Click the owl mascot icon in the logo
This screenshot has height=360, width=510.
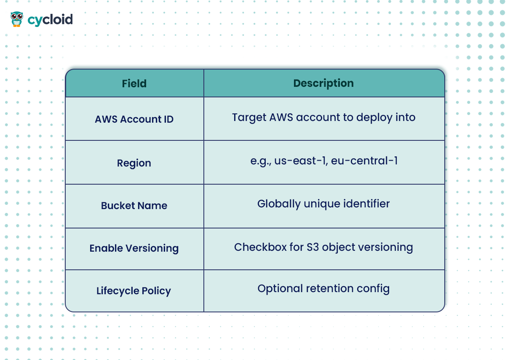coord(16,19)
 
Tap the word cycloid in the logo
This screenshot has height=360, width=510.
coord(50,20)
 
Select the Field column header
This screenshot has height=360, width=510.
coord(134,83)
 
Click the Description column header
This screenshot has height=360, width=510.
coord(323,83)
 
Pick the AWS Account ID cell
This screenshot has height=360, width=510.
coord(134,119)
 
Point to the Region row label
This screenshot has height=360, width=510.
coord(134,164)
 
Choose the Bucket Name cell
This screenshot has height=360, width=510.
coord(134,206)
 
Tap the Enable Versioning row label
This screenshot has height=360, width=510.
coord(134,248)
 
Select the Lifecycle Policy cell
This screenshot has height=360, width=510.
coord(134,291)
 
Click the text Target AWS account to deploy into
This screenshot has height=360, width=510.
coord(324,118)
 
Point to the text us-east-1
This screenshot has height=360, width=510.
coord(301,161)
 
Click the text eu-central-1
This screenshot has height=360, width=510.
coord(364,161)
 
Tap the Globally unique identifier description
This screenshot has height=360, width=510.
coord(323,204)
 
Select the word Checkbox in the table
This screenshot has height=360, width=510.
coord(260,247)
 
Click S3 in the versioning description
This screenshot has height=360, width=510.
coord(313,247)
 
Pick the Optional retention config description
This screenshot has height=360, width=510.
coord(323,289)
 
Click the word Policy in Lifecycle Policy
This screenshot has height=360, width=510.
coord(156,291)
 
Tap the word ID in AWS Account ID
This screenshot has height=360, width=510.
coord(169,119)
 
